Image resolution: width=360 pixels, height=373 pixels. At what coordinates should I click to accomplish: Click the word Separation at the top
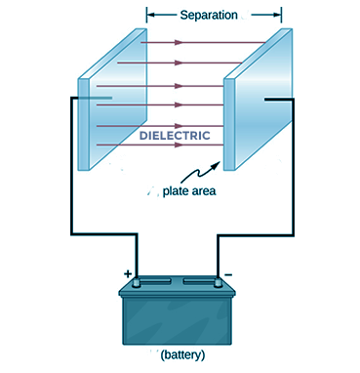pyautogui.click(x=209, y=15)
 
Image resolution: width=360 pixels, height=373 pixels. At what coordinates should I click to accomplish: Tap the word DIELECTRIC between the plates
pyautogui.click(x=175, y=136)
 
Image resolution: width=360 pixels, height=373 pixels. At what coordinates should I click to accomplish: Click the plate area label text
pyautogui.click(x=189, y=191)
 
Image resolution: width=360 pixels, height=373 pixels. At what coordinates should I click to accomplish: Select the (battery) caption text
pyautogui.click(x=182, y=354)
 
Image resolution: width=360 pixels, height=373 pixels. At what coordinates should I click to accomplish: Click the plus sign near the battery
pyautogui.click(x=128, y=273)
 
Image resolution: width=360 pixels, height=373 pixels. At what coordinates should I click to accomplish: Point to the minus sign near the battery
pyautogui.click(x=228, y=275)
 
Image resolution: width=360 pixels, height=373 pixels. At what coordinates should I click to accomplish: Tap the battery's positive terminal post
pyautogui.click(x=137, y=283)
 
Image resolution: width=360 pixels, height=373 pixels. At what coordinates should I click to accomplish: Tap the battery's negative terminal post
pyautogui.click(x=218, y=283)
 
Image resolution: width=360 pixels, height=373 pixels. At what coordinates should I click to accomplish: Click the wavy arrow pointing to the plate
pyautogui.click(x=199, y=173)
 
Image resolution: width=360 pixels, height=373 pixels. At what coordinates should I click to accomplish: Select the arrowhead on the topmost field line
pyautogui.click(x=179, y=42)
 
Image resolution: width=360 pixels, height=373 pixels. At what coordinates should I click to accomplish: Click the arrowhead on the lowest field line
pyautogui.click(x=179, y=145)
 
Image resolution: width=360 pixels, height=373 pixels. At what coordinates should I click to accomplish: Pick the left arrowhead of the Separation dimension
pyautogui.click(x=150, y=15)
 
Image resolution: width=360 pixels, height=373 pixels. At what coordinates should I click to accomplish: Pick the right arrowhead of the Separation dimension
pyautogui.click(x=277, y=15)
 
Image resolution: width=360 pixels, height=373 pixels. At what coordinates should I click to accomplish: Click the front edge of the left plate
pyautogui.click(x=83, y=124)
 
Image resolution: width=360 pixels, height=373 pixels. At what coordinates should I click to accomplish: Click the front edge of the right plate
pyautogui.click(x=229, y=124)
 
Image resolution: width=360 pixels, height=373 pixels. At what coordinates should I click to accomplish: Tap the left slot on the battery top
pyautogui.click(x=156, y=280)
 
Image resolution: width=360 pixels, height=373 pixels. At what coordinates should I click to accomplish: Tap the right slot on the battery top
pyautogui.click(x=198, y=280)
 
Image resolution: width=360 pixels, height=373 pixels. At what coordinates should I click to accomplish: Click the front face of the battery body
pyautogui.click(x=178, y=319)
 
